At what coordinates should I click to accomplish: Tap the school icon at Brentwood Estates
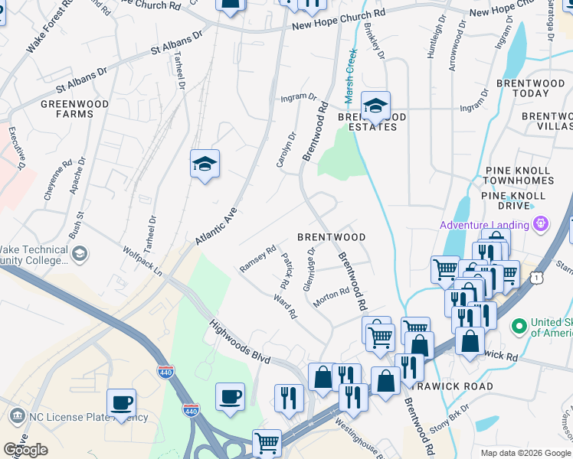(375, 106)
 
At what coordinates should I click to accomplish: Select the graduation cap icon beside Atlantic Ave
(205, 164)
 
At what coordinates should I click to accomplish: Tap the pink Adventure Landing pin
(542, 224)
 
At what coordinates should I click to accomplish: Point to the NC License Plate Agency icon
(16, 417)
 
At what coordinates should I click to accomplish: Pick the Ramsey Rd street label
(257, 259)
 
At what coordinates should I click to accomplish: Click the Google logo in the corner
(25, 450)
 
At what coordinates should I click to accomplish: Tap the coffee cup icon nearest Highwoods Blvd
(230, 397)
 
